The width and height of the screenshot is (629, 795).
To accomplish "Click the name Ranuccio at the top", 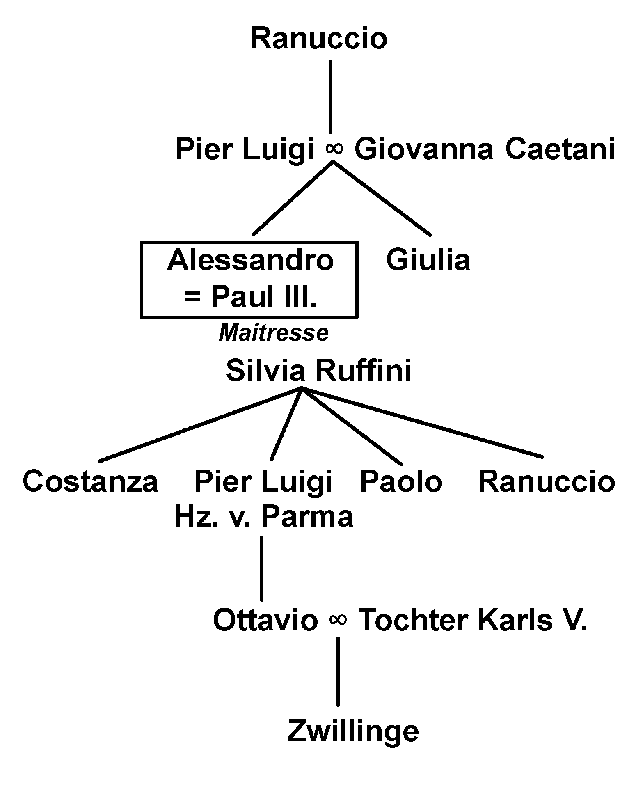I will click(319, 39).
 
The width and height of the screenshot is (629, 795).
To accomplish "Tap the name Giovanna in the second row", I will click(423, 149).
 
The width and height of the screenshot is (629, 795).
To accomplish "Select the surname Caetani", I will click(560, 149).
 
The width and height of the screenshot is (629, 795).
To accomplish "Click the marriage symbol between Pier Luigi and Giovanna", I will click(334, 149).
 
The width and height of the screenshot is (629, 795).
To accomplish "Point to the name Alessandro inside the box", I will click(250, 260).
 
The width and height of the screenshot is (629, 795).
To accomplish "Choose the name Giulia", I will click(428, 260).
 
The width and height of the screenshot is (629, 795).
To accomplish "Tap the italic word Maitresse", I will click(274, 333).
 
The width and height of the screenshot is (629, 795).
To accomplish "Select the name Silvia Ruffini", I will click(318, 371).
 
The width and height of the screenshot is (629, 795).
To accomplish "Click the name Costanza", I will click(90, 481).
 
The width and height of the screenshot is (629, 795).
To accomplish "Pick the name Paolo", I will click(401, 481).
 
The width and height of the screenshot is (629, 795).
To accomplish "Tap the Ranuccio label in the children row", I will click(547, 481).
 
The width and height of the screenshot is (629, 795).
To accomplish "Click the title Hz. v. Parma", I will click(264, 517).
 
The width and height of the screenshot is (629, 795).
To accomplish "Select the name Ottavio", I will click(265, 620).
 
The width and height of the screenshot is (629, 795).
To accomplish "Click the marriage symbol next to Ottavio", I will click(338, 620).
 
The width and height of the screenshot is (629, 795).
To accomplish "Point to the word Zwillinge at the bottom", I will click(353, 732).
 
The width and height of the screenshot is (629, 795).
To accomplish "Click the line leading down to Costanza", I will click(201, 424).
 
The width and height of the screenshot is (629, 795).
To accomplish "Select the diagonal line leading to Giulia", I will click(382, 198).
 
